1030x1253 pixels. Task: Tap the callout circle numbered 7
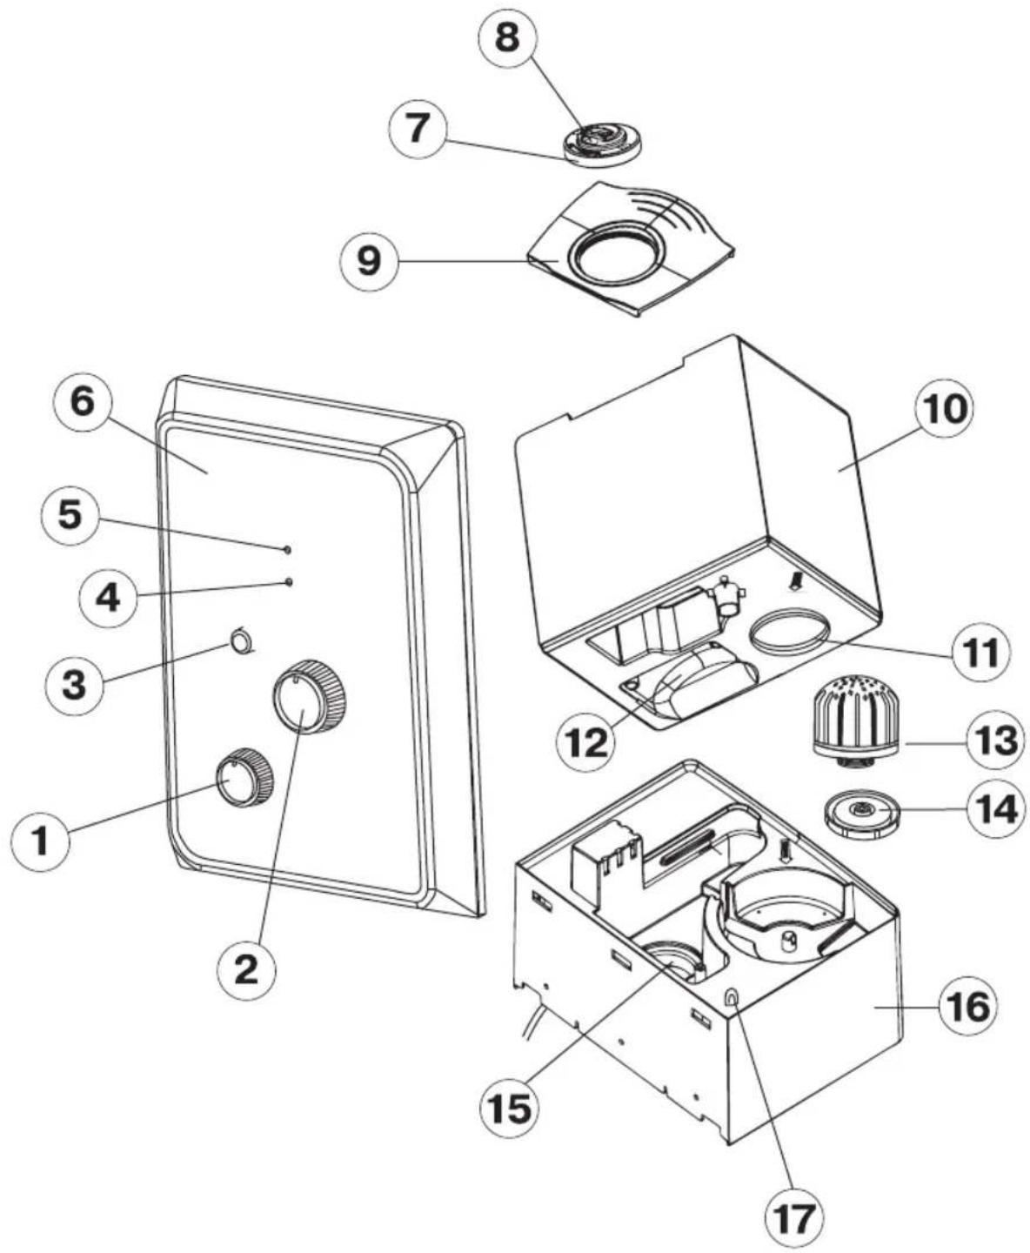pyautogui.click(x=418, y=128)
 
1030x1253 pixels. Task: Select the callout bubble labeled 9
pyautogui.click(x=368, y=261)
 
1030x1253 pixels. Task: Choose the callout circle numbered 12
pyautogui.click(x=586, y=741)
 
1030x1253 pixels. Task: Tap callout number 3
pyautogui.click(x=74, y=685)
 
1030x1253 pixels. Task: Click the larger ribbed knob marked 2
pyautogui.click(x=310, y=697)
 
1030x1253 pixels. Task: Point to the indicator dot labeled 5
pyautogui.click(x=287, y=550)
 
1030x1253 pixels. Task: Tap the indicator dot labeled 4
pyautogui.click(x=289, y=581)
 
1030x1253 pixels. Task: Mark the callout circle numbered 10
pyautogui.click(x=945, y=408)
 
